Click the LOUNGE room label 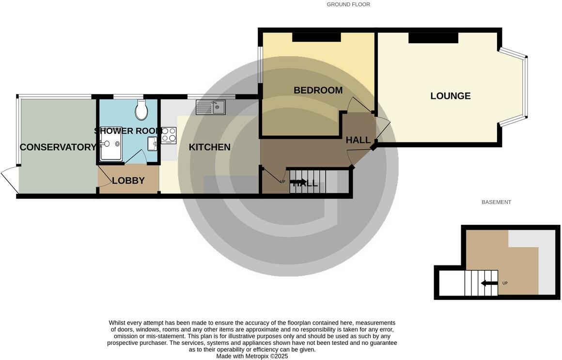[x=450, y=96]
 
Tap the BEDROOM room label [x=318, y=91]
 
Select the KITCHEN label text [x=209, y=147]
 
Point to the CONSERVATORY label [x=58, y=147]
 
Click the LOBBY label [x=128, y=181]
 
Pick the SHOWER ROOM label [x=128, y=131]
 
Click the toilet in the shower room [x=141, y=110]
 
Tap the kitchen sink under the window [x=211, y=107]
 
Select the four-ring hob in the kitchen [x=169, y=135]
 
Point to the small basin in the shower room [x=153, y=143]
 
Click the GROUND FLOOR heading [x=348, y=4]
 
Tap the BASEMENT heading [x=496, y=202]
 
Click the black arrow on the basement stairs [x=489, y=283]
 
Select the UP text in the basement [x=505, y=283]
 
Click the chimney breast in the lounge [x=433, y=38]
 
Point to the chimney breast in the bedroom [x=316, y=38]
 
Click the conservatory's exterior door [x=10, y=178]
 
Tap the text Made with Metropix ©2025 [x=252, y=356]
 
